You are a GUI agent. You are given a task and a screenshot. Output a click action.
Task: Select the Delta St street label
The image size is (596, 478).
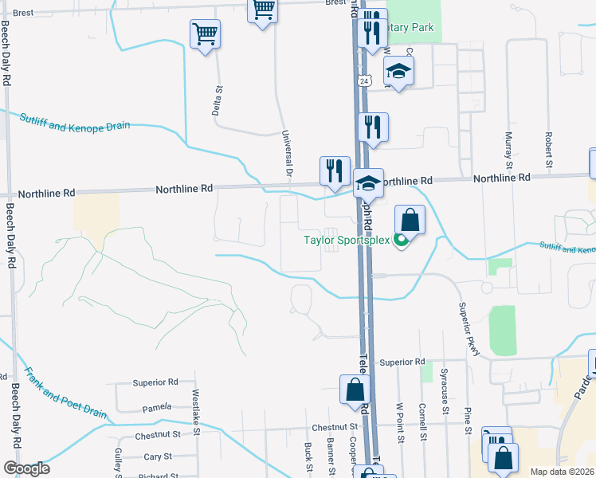tap(216, 100)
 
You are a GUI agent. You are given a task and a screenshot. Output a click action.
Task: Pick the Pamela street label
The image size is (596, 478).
tap(157, 408)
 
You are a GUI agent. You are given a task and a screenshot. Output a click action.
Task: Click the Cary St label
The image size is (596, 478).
tap(158, 456)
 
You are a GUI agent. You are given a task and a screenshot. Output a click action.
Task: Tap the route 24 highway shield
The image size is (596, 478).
tap(363, 81)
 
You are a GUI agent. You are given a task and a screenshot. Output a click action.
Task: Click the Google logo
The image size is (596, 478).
tap(25, 468)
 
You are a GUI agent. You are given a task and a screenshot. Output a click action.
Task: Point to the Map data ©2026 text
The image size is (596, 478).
tap(561, 472)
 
